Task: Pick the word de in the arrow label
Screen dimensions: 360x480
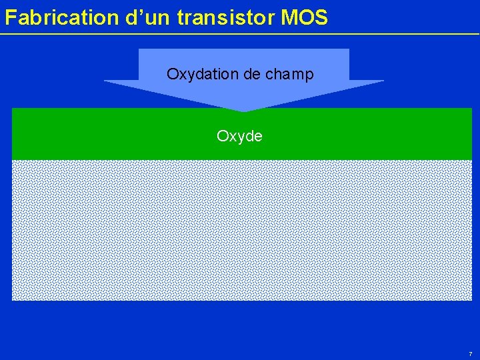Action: (252, 74)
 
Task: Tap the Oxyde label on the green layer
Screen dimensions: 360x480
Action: (240, 136)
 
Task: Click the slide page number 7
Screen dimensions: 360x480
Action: (470, 353)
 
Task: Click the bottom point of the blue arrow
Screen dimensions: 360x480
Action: (244, 111)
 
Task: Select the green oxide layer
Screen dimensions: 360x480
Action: (100, 137)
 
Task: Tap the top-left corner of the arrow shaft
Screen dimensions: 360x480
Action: (139, 49)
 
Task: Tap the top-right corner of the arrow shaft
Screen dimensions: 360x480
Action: (349, 49)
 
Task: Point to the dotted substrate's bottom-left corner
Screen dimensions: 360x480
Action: (13, 299)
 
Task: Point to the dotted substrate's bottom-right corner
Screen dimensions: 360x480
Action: (471, 299)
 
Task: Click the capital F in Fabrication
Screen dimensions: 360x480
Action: (10, 18)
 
